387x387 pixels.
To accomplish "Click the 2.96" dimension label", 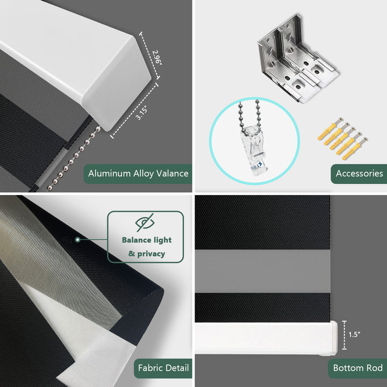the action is (157, 58).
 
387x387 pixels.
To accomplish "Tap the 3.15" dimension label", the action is (142, 113).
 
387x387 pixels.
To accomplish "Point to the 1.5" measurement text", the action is (354, 334).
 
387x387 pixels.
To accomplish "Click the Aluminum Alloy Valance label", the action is (138, 174).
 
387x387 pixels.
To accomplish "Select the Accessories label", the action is (359, 174).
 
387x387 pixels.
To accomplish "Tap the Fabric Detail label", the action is (163, 368).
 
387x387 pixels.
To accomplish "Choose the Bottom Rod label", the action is (357, 368).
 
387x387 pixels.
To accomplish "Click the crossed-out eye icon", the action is (145, 223).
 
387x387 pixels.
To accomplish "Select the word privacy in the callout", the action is (151, 254).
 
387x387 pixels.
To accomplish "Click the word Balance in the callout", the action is (137, 240).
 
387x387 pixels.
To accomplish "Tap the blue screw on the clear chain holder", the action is (260, 164).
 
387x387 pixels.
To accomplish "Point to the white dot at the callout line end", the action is (78, 239).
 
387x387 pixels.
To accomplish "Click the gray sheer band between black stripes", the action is (262, 271).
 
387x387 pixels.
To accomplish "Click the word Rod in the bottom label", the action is (375, 368).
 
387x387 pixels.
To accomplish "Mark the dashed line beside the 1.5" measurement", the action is (345, 335).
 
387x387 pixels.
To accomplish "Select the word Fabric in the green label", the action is (149, 368).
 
